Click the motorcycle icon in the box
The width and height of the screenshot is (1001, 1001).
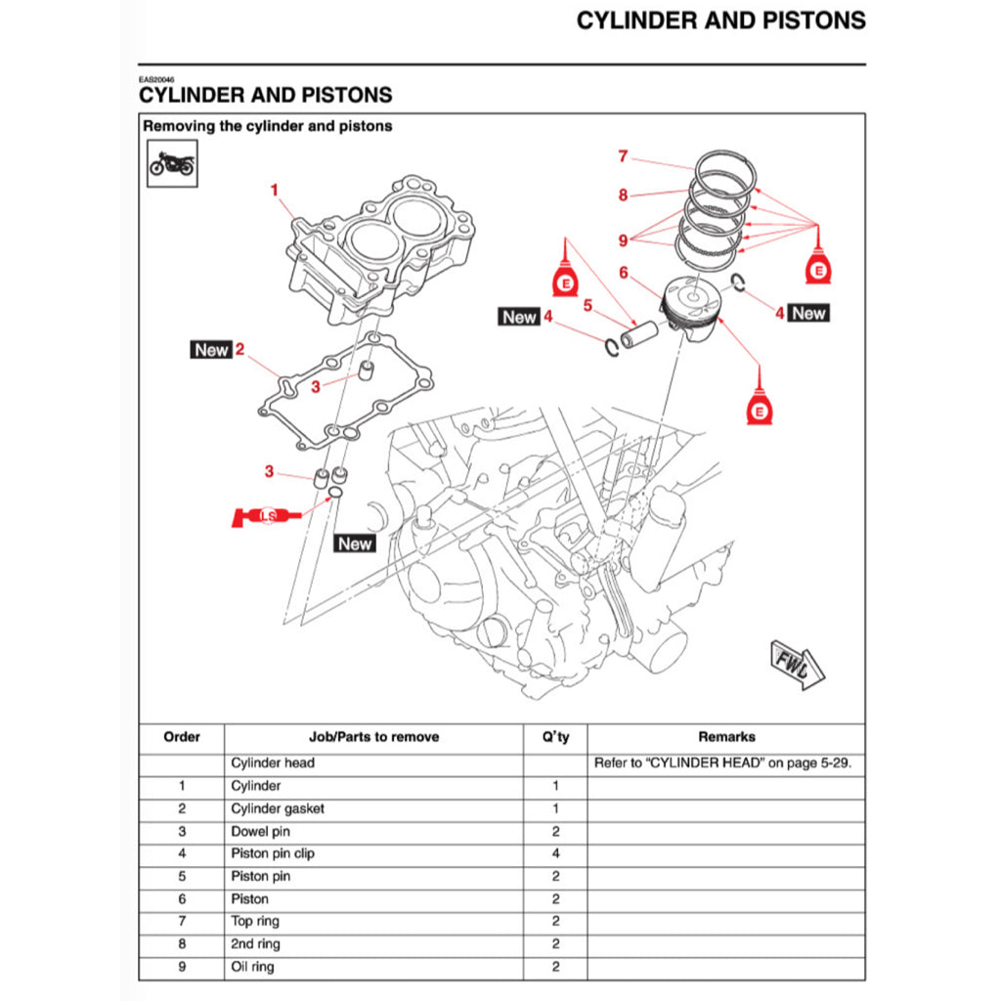[x=171, y=164]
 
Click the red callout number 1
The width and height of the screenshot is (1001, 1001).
[x=275, y=189]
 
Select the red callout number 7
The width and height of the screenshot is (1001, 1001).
[x=622, y=155]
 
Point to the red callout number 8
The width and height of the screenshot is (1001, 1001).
[x=623, y=195]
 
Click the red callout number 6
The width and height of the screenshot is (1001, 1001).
[x=623, y=274]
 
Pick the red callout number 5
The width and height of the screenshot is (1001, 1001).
[x=588, y=305]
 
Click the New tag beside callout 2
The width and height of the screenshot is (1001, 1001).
[x=211, y=349]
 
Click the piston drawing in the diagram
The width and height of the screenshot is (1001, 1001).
[x=693, y=309]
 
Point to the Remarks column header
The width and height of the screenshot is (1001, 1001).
[x=726, y=737]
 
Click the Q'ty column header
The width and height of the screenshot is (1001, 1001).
[x=555, y=737]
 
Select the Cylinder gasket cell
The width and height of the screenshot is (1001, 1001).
[x=278, y=808]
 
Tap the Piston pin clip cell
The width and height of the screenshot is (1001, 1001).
[x=273, y=853]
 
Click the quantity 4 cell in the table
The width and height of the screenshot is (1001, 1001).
[x=555, y=853]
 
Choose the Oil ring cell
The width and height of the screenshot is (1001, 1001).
[x=252, y=967]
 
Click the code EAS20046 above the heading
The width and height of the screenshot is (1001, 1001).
[x=155, y=80]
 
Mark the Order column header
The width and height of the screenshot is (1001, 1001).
[x=182, y=737]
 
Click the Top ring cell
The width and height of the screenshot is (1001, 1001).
[x=255, y=922]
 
